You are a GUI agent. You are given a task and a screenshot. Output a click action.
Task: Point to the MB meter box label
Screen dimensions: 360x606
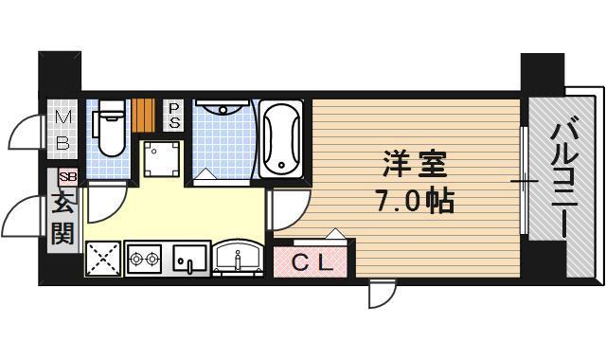[62, 130]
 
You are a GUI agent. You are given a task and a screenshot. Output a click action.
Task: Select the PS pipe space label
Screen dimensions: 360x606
[175, 115]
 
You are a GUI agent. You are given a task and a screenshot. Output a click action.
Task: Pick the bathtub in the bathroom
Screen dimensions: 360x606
[280, 139]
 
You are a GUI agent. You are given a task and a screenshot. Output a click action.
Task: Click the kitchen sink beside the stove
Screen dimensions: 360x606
[188, 258]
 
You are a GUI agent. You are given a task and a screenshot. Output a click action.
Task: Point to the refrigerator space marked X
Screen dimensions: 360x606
[102, 258]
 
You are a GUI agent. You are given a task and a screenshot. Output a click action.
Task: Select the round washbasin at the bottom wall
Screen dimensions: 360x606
[238, 256]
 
